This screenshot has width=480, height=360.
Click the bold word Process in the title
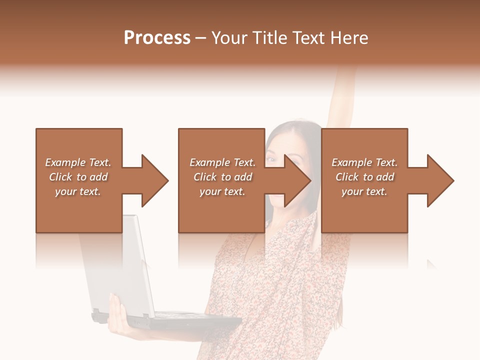pyautogui.click(x=157, y=38)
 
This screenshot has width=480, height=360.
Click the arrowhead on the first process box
pyautogui.click(x=154, y=180)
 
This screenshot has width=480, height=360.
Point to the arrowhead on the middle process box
pyautogui.click(x=296, y=180)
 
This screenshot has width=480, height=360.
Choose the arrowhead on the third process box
pyautogui.click(x=439, y=180)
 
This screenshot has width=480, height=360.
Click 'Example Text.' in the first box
pyautogui.click(x=78, y=162)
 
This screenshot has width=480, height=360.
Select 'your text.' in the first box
pyautogui.click(x=78, y=191)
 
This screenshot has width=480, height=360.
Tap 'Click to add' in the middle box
pyautogui.click(x=222, y=177)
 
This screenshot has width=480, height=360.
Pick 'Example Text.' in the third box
pyautogui.click(x=364, y=162)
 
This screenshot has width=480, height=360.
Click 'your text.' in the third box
pyautogui.click(x=364, y=191)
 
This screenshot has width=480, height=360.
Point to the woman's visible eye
pyautogui.click(x=271, y=159)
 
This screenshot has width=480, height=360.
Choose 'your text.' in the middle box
pyautogui.click(x=222, y=191)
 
